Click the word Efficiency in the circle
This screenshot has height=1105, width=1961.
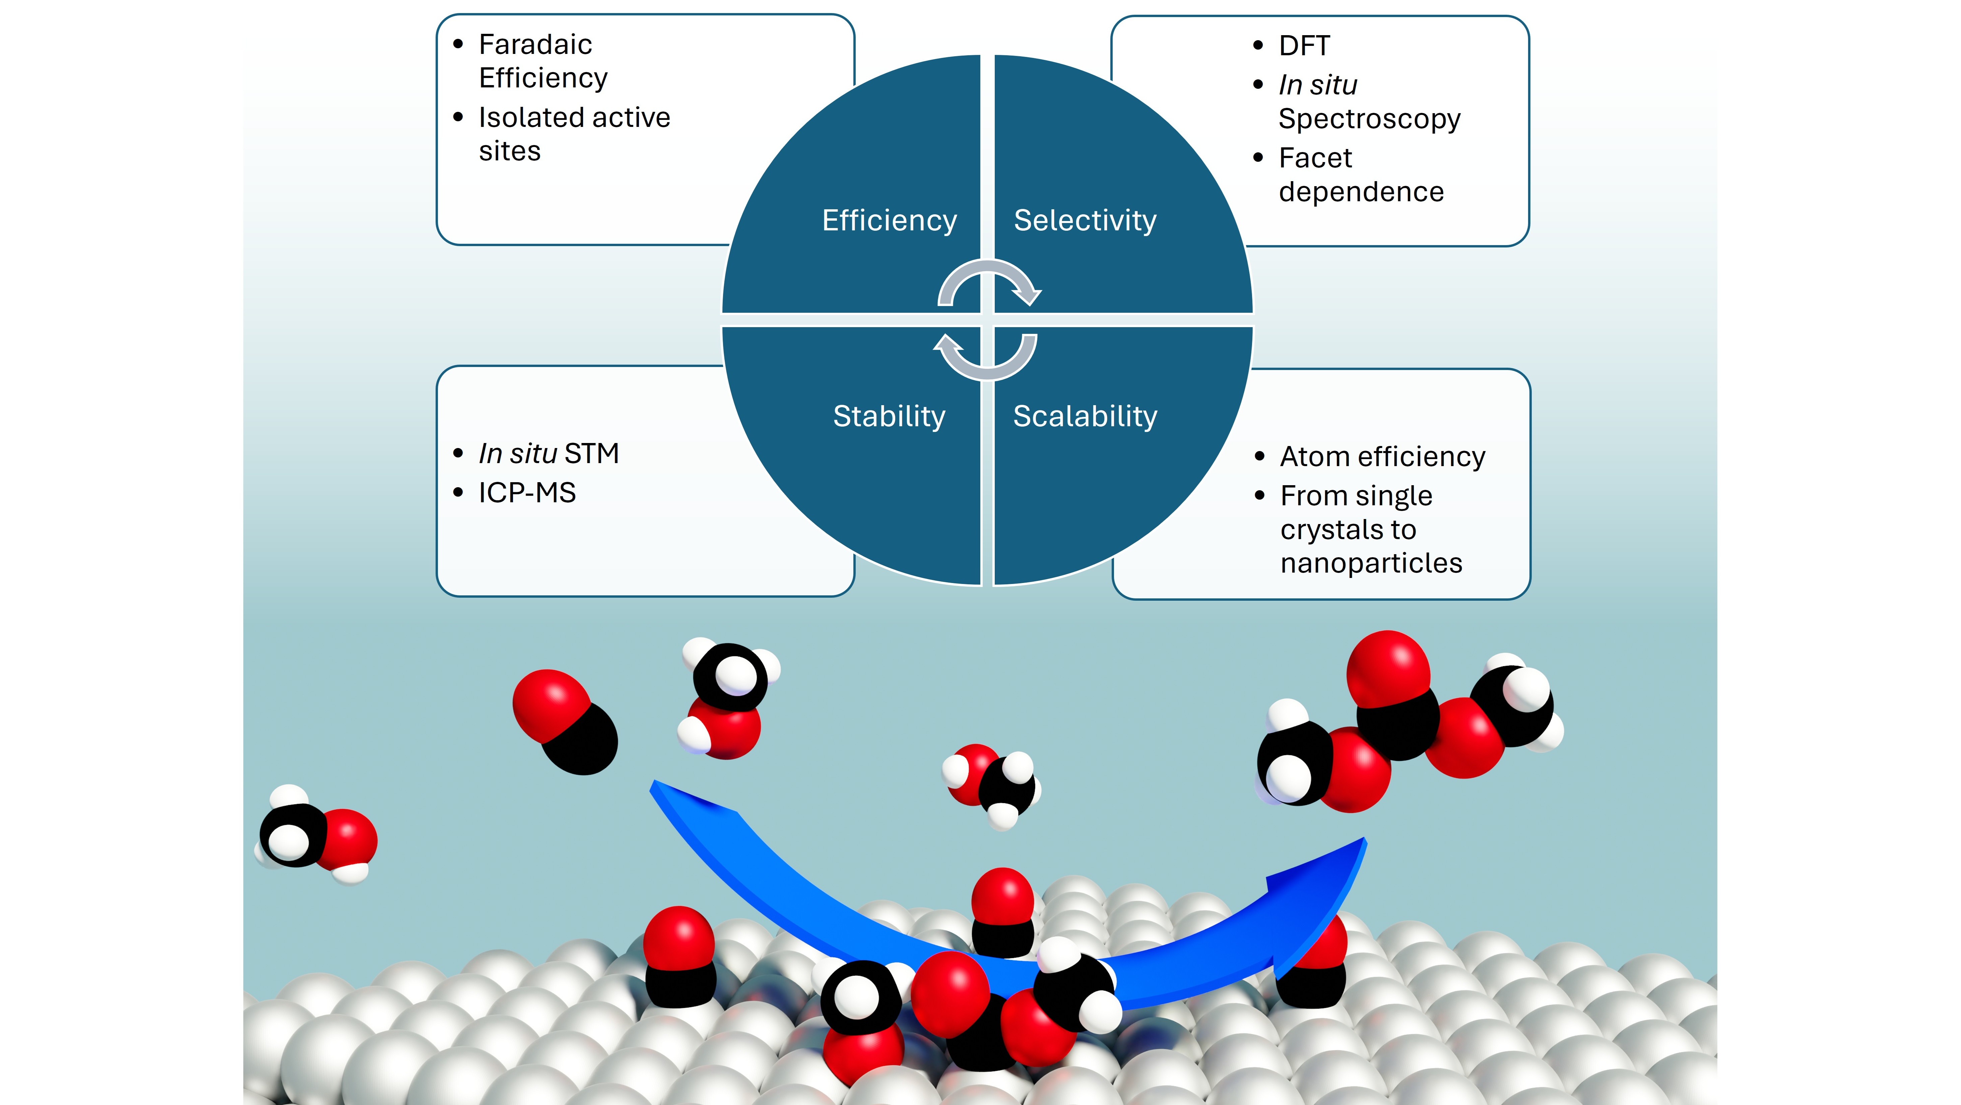889,221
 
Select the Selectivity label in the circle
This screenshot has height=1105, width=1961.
1085,221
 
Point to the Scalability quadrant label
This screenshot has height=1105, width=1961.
1085,416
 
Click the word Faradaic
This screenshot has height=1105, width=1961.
535,45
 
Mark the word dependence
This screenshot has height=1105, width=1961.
1361,192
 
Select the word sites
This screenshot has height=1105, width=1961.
509,151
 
